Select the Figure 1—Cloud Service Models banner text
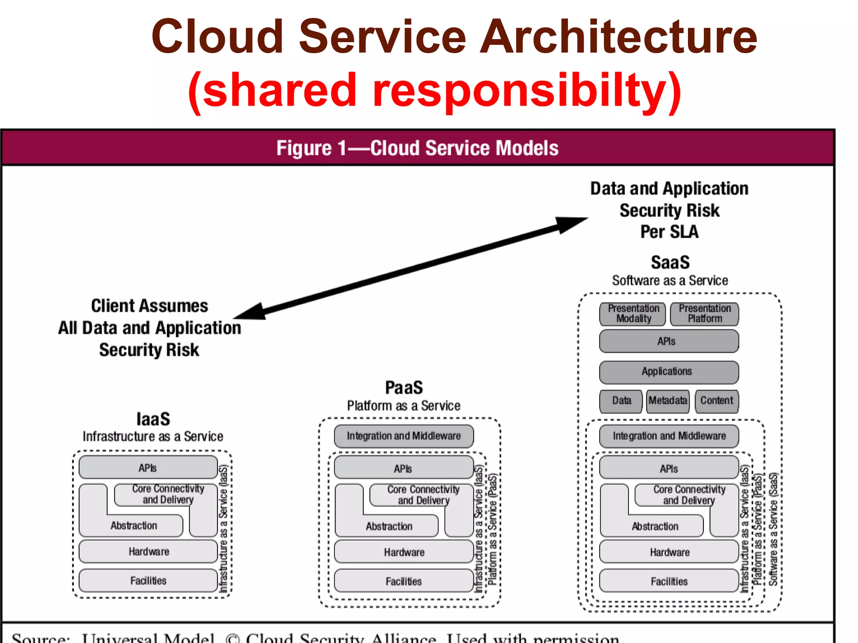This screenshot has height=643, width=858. coord(417,148)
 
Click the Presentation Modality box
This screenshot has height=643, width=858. coord(633,314)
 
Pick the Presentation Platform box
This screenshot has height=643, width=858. coord(705,314)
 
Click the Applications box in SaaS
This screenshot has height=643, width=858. coord(669,372)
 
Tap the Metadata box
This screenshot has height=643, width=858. coord(668,401)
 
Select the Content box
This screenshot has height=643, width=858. coord(717,401)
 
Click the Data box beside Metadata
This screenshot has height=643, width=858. coord(621,401)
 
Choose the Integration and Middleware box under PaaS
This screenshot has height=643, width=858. coord(403,436)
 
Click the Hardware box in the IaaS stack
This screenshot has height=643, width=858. coord(149,551)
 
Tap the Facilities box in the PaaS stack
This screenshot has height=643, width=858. coord(403,581)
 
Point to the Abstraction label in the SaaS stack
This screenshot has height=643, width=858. coord(654,527)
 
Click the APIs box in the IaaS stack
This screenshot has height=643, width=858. coord(148,468)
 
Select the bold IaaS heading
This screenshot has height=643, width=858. coord(153,419)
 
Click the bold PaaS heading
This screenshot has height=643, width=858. coord(404,387)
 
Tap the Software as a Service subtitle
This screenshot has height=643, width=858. coord(670,280)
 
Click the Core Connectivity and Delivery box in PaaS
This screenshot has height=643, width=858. coord(423,495)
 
